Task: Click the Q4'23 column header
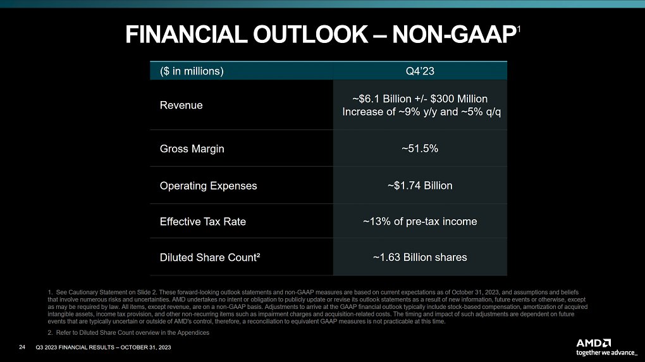coord(420,71)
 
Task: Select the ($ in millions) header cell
coord(192,71)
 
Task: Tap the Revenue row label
coord(181,106)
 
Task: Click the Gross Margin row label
coord(192,148)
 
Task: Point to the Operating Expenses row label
coord(208,186)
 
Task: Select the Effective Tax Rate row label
coord(203,222)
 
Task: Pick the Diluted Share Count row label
coord(210,257)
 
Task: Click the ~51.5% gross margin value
coord(420,148)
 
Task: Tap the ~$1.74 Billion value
coord(420,185)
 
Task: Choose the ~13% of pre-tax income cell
coord(420,222)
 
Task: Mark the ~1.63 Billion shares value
coord(420,257)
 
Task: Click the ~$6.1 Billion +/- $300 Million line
coord(420,99)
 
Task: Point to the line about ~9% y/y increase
coord(422,112)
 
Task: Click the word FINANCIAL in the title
coord(186,35)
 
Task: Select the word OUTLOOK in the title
coord(310,35)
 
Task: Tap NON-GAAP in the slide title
coord(454,35)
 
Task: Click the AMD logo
coord(594,343)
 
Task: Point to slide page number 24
coord(22,347)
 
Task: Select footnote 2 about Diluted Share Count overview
coord(128,332)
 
